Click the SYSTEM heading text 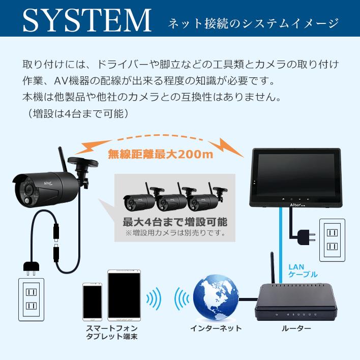click(x=86, y=20)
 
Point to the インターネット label click(x=216, y=328)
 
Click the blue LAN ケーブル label click(x=303, y=270)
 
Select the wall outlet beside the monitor click(x=332, y=238)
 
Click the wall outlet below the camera click(x=32, y=301)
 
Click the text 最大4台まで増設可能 click(x=175, y=222)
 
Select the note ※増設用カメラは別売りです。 click(x=175, y=233)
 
